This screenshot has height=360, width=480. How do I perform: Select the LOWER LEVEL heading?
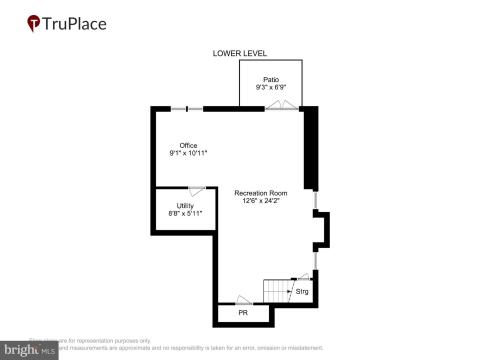tap(240, 54)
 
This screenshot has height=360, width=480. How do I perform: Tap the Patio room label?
tap(270, 79)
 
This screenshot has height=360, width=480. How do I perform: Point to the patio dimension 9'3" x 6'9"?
tap(270, 88)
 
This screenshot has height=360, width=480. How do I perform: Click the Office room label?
tap(188, 145)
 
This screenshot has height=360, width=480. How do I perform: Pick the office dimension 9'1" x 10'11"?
tap(188, 154)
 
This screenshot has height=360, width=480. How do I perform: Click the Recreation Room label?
tap(260, 192)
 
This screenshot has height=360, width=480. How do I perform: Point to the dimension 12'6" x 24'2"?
tap(260, 201)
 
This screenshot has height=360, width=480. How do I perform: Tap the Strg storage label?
tap(302, 292)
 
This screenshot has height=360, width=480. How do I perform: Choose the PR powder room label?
tap(242, 314)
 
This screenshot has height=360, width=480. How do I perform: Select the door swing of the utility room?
tap(197, 189)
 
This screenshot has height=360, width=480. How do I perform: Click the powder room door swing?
tap(243, 299)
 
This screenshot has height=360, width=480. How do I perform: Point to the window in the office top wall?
tap(187, 108)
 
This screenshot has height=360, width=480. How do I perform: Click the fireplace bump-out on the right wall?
tap(320, 232)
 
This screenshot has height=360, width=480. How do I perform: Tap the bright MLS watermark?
tap(31, 350)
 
